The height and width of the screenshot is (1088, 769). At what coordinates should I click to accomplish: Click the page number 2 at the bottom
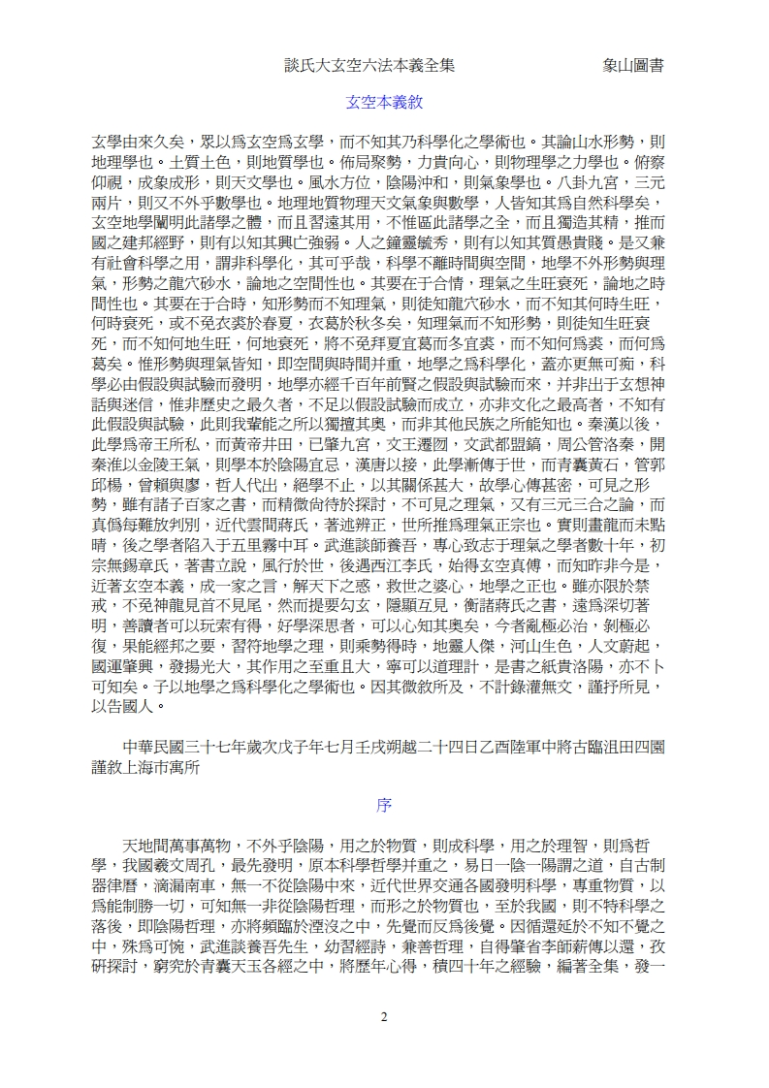point(384,989)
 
